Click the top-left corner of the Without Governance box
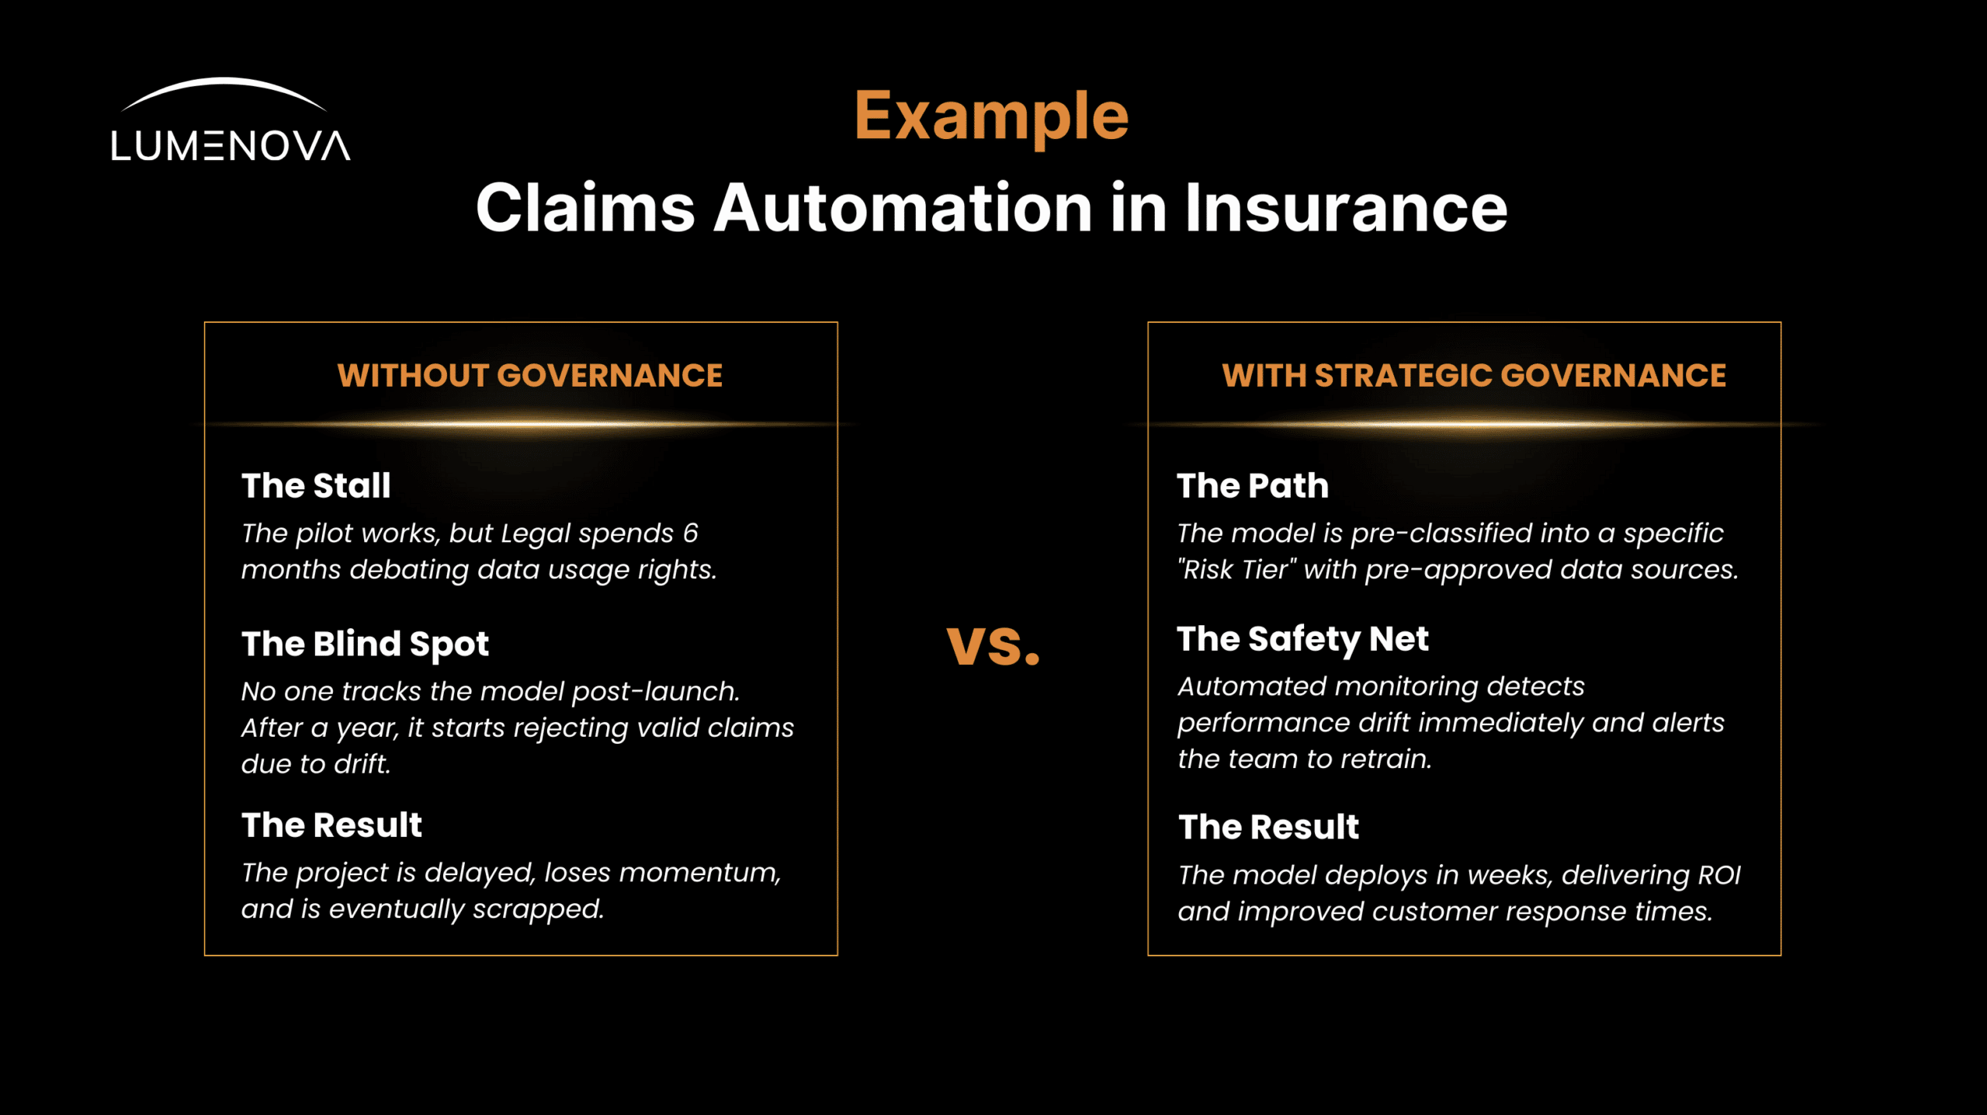205,322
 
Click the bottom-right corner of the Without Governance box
837,955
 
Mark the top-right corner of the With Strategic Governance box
1781,322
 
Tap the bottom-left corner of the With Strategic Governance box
1148,955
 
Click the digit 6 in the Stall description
690,533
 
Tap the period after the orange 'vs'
1032,659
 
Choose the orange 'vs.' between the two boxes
993,646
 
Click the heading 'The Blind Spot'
365,644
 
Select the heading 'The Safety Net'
1302,640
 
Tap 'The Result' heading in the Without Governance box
331,825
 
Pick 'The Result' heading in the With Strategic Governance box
1268,827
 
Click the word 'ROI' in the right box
1719,875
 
